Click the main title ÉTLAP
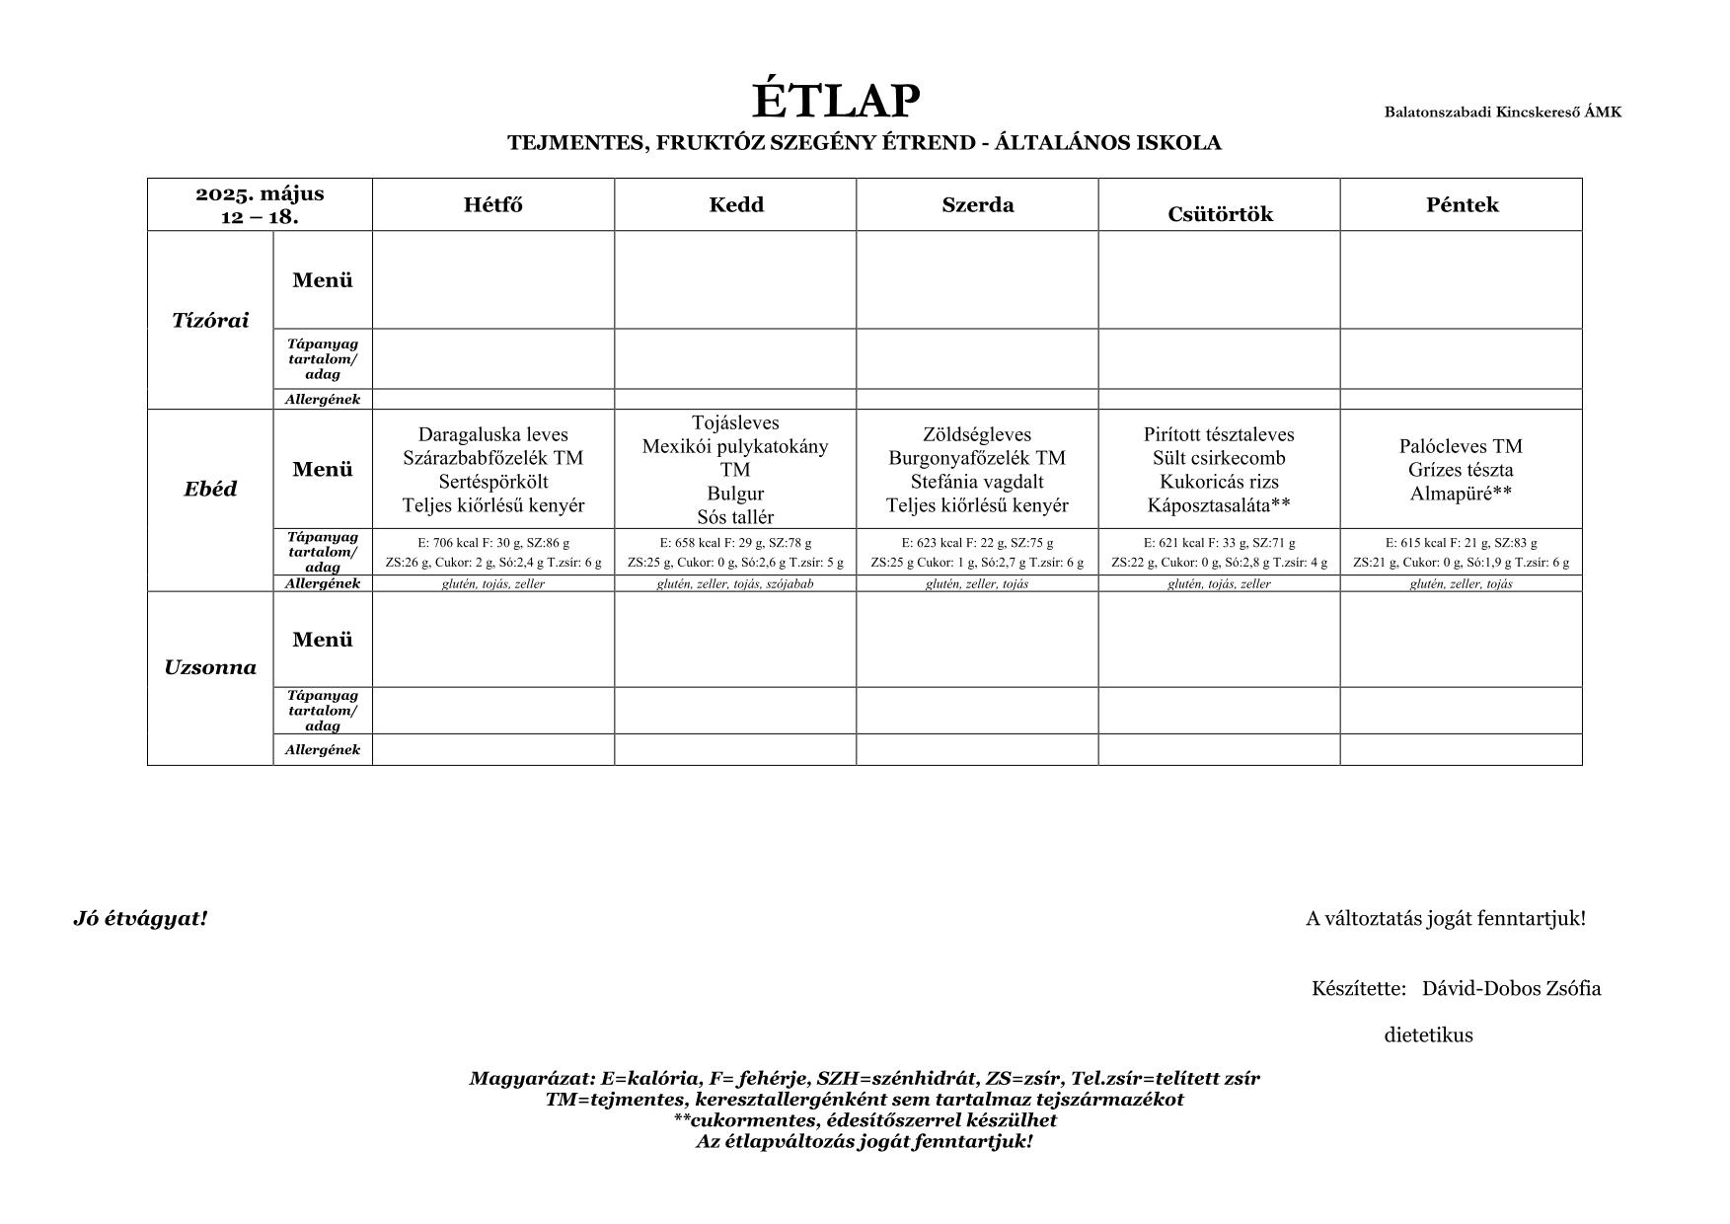pyautogui.click(x=836, y=101)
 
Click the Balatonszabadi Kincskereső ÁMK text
pyautogui.click(x=1502, y=113)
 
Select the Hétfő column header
pyautogui.click(x=493, y=205)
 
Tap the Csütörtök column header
pyautogui.click(x=1220, y=214)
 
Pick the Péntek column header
pyautogui.click(x=1462, y=205)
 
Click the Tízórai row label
pyautogui.click(x=210, y=320)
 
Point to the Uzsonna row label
pyautogui.click(x=210, y=667)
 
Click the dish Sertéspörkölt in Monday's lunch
pyautogui.click(x=493, y=482)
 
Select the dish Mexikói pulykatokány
pyautogui.click(x=735, y=446)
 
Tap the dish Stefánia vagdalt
pyautogui.click(x=977, y=482)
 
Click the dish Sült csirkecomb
pyautogui.click(x=1219, y=458)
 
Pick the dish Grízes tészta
pyautogui.click(x=1461, y=470)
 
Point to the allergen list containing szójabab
pyautogui.click(x=735, y=583)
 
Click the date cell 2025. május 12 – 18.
pyautogui.click(x=260, y=205)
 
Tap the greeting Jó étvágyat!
pyautogui.click(x=140, y=919)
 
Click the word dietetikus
pyautogui.click(x=1428, y=1035)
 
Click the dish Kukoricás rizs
pyautogui.click(x=1219, y=482)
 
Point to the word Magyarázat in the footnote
pyautogui.click(x=532, y=1079)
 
